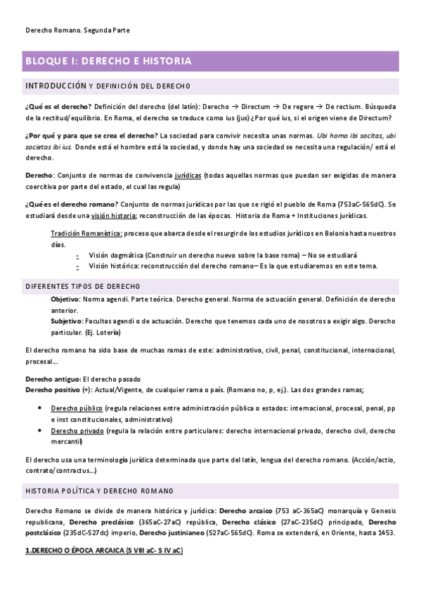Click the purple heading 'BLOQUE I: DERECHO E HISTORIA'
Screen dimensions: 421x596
(108, 61)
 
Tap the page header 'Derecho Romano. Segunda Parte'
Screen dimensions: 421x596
(77, 31)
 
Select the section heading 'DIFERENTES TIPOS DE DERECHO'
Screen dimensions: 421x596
(82, 286)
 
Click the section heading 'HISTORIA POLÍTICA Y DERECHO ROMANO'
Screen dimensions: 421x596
(99, 490)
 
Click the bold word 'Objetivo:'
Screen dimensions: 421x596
(65, 299)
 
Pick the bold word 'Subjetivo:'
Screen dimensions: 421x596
(67, 320)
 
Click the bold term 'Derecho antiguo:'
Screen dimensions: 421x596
(53, 378)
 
